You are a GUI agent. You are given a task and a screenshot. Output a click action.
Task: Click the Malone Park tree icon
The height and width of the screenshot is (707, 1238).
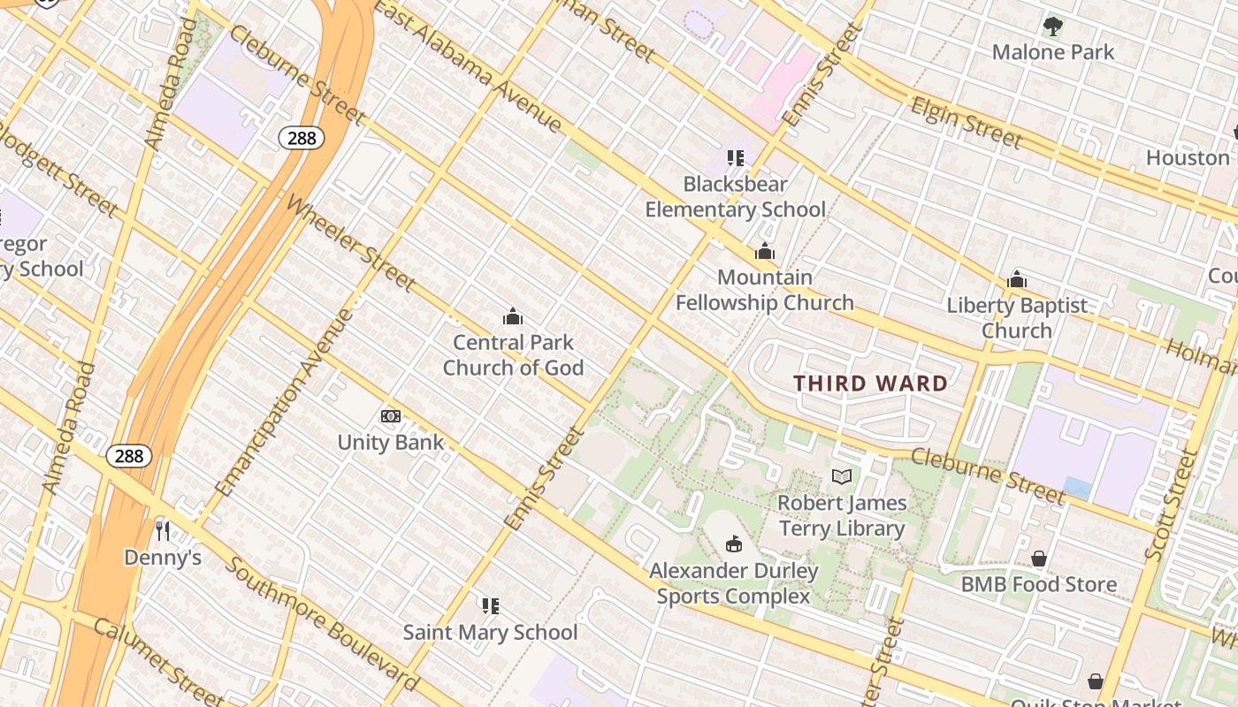click(1052, 26)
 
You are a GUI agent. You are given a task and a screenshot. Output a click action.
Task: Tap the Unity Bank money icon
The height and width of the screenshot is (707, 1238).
click(391, 416)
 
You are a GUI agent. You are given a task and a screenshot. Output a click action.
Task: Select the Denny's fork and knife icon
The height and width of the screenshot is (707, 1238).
click(163, 530)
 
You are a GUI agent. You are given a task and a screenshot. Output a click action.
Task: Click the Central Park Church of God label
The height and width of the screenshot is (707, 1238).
click(513, 355)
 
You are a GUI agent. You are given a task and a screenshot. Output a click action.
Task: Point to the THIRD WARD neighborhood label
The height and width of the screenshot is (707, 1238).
click(870, 384)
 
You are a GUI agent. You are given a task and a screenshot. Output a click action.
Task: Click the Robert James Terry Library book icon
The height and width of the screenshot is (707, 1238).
click(842, 477)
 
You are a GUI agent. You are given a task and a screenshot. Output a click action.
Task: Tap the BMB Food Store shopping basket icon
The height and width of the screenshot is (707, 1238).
click(1039, 559)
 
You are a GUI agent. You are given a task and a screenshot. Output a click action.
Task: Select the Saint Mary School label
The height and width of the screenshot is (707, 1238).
click(490, 633)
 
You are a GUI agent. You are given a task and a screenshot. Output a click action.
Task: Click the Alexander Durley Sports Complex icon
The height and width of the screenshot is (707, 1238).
click(733, 544)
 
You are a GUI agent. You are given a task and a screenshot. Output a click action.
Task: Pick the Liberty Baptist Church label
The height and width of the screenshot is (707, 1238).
click(1017, 318)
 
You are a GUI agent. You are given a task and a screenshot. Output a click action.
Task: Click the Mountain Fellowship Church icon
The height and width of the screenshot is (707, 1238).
click(765, 252)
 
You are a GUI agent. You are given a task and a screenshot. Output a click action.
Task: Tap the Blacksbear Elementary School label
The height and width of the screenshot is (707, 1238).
click(735, 197)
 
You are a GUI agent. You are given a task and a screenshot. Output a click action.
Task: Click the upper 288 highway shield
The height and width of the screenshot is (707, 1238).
click(302, 138)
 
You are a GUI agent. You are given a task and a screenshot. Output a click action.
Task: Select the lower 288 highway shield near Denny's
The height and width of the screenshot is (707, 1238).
click(129, 456)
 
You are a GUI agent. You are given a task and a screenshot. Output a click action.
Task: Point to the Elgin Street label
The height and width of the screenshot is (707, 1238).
click(967, 123)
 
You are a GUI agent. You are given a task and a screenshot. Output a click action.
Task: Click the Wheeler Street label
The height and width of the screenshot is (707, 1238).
click(350, 244)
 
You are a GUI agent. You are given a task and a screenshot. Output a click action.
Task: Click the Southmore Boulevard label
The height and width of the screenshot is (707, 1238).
click(320, 624)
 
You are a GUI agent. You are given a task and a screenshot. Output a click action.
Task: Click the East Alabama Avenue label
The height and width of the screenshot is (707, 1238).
click(468, 66)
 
